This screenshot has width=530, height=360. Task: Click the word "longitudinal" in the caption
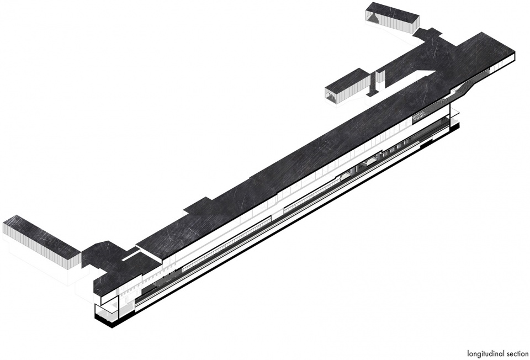point(486,354)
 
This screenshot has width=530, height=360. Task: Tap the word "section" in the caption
point(517,353)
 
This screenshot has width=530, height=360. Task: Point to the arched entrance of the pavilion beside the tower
point(332,96)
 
